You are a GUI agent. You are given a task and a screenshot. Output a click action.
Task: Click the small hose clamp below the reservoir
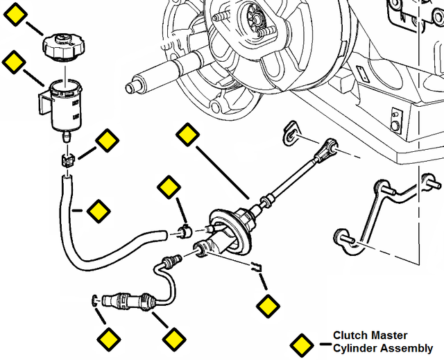[67, 161]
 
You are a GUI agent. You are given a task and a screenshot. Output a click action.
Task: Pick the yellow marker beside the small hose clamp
[107, 141]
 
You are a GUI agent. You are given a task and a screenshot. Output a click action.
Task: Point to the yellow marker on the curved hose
[97, 209]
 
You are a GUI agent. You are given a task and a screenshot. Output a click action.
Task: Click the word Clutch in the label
[350, 335]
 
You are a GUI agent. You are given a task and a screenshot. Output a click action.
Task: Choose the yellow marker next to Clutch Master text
[301, 345]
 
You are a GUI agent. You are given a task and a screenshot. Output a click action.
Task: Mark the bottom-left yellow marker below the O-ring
[108, 339]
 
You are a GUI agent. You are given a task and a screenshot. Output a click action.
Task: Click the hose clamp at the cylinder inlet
[185, 230]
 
